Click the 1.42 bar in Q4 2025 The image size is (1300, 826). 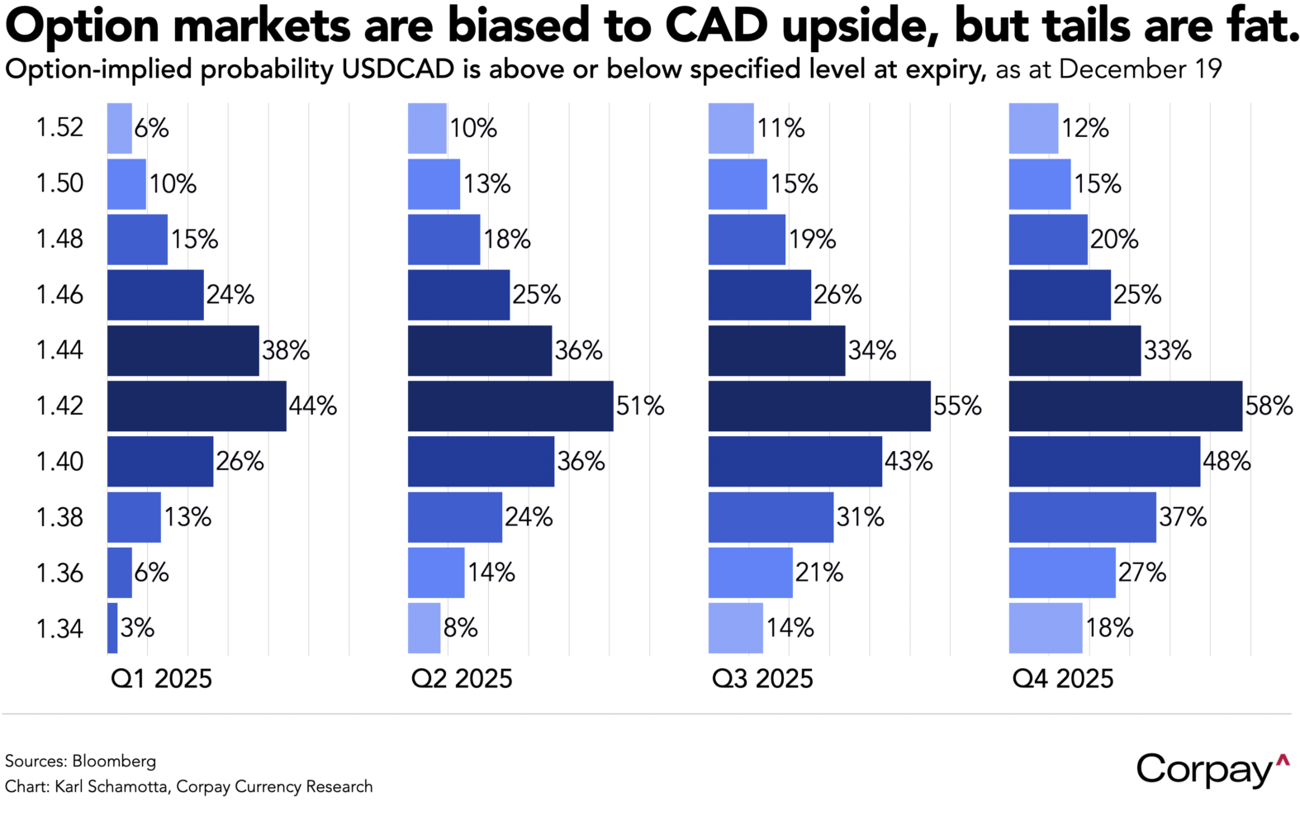(x=1125, y=406)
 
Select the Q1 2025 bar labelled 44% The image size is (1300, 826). (x=197, y=406)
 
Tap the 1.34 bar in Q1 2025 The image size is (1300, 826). (x=112, y=628)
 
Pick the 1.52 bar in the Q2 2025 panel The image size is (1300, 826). (x=427, y=128)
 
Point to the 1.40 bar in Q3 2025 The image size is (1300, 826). (x=795, y=461)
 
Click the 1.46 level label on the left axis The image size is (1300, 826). (x=59, y=295)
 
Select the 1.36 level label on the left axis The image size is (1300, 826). (x=59, y=572)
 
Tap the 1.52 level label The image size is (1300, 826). (x=59, y=128)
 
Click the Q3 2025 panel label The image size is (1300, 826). (x=762, y=679)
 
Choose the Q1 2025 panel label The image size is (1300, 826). (x=161, y=679)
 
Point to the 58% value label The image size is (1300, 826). (x=1269, y=406)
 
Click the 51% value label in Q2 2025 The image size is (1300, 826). (x=640, y=406)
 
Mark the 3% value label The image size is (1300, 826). (x=137, y=628)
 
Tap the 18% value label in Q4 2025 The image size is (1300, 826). (x=1109, y=628)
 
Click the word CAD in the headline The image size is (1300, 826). (x=716, y=26)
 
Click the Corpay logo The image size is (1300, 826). (x=1211, y=770)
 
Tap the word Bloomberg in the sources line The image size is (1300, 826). (x=114, y=761)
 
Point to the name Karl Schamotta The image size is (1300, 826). (x=113, y=786)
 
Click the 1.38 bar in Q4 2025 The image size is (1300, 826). (x=1082, y=517)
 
